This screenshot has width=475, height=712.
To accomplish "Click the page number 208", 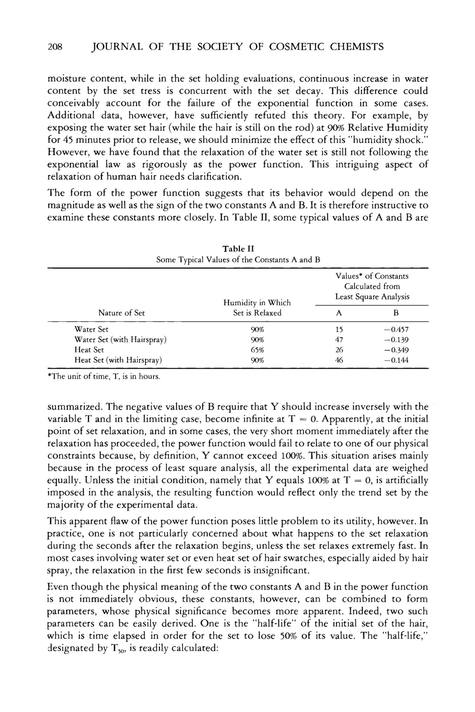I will (55, 47).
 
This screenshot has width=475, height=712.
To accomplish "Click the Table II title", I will (238, 249).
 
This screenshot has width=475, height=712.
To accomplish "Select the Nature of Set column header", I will (121, 313).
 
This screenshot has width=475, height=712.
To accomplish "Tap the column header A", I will (339, 313).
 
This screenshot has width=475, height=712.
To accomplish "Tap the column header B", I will (396, 313).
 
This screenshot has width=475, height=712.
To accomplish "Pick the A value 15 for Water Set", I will (339, 329).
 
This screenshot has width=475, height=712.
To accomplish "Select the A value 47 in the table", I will (339, 340).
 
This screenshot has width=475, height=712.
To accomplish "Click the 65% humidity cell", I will (257, 350).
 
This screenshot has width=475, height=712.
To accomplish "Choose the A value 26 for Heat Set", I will (339, 350).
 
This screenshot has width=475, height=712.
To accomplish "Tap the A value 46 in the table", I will (339, 360).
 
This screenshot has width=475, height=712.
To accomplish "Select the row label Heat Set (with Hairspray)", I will (118, 360).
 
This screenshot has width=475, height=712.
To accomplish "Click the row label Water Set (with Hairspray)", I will (121, 340).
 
